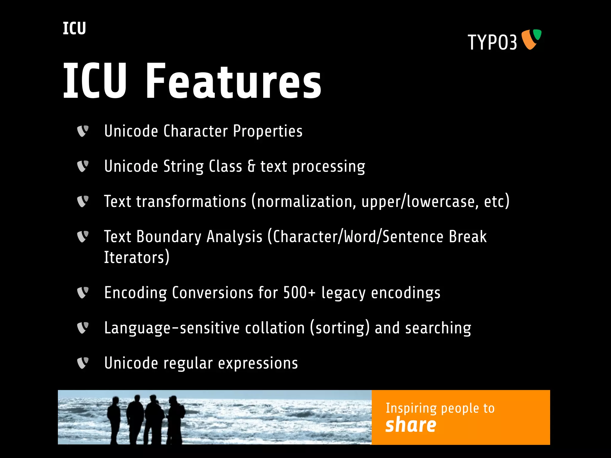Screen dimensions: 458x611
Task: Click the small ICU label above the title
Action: tap(74, 28)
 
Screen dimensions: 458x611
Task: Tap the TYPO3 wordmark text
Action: tap(492, 42)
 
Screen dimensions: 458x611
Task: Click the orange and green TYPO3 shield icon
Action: tap(531, 39)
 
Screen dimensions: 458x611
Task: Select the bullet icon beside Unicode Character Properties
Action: tap(83, 131)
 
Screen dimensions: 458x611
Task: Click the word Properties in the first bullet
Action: tap(268, 131)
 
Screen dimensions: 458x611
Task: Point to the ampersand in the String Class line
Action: tap(251, 166)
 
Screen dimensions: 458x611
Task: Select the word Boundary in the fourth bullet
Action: tap(169, 237)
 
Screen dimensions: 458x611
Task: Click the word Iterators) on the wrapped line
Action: tap(137, 257)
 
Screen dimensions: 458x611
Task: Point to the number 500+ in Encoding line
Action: tap(299, 293)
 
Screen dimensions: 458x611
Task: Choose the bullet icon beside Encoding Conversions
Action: tap(83, 293)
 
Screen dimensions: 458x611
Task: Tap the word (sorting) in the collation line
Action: tap(340, 328)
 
